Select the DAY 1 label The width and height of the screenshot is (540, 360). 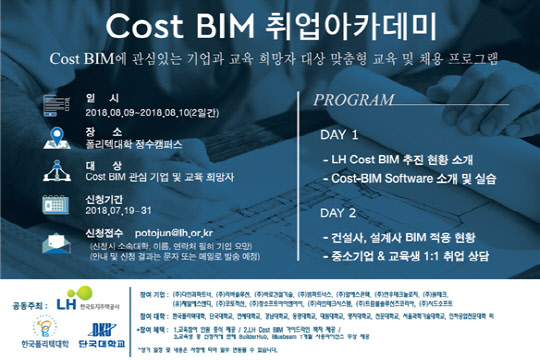[x=340, y=133]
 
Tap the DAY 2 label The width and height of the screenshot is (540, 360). [x=340, y=213]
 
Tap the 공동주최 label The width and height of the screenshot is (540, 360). [x=28, y=298]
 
